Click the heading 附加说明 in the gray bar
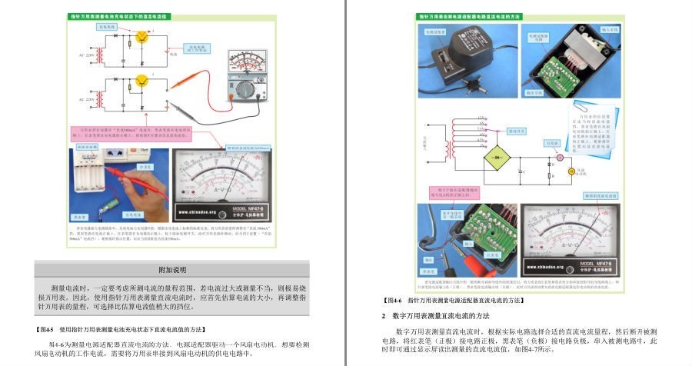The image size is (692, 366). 172,270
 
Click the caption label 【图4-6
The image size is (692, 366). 394,300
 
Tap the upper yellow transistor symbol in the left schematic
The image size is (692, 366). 141,37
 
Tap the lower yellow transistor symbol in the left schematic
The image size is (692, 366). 141,80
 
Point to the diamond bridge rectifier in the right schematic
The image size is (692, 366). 495,156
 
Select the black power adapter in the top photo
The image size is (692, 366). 460,53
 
